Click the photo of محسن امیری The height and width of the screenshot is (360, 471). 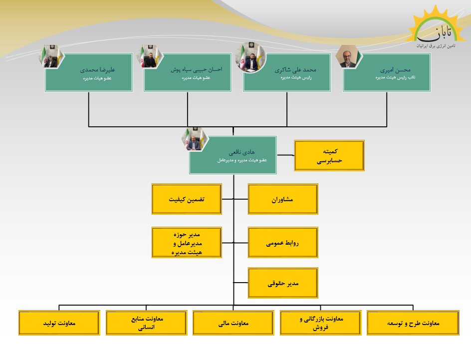pos(349,56)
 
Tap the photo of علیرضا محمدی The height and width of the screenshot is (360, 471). pos(51,56)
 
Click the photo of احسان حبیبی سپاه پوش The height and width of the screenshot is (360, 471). pos(150,56)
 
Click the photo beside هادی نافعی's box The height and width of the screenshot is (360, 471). pos(194,139)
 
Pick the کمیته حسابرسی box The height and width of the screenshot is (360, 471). pos(329,155)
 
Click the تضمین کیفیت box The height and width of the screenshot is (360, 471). pos(186,199)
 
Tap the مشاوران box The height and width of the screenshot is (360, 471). pos(283,199)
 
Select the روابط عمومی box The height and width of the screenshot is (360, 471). pos(283,243)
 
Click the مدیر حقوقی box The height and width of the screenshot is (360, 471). pos(283,283)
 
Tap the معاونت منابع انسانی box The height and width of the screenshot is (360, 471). pos(146,323)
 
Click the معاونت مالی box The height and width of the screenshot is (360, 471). pos(233,323)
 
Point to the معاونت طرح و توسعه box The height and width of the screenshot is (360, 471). pos(413,323)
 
